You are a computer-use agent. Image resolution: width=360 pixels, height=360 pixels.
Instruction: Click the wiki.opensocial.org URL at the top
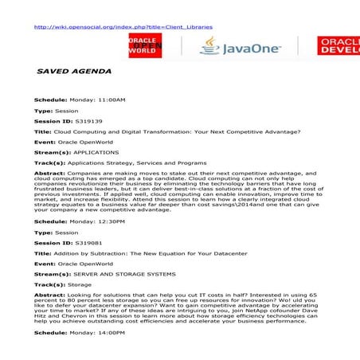point(123,26)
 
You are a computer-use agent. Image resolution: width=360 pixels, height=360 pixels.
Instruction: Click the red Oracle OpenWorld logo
point(147,48)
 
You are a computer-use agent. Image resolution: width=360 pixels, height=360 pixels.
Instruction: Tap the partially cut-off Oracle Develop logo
point(339,47)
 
